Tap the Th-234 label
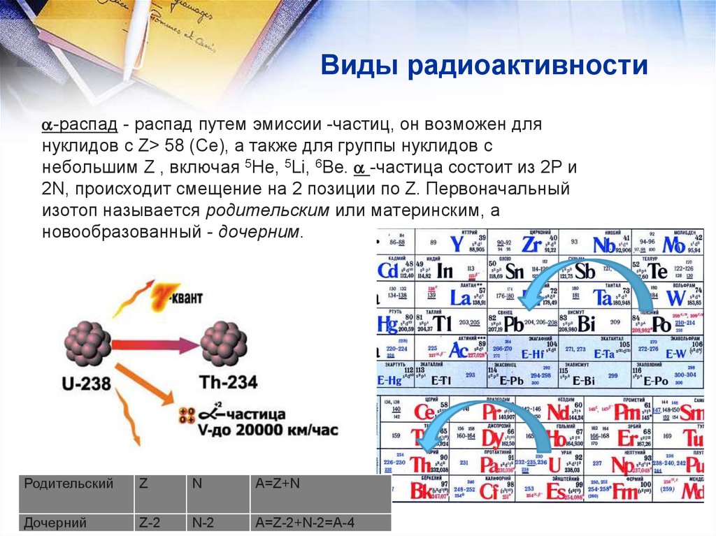[x=229, y=382]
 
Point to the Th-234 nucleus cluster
[x=224, y=342]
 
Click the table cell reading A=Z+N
[x=278, y=484]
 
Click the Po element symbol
[x=661, y=324]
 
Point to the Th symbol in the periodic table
[x=421, y=464]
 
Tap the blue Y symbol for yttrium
[x=457, y=244]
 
